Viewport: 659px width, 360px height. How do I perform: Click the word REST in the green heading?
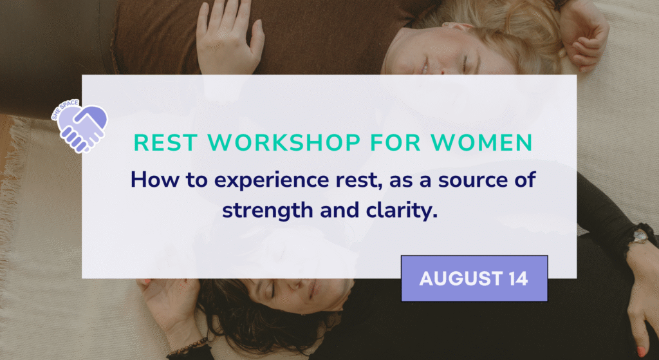pos(166,143)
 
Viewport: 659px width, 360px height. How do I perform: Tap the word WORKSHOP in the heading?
pos(284,143)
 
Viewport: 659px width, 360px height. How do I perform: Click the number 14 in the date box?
pos(518,278)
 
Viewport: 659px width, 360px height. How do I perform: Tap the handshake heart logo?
pos(80,127)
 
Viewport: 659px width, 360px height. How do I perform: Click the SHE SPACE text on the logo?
pos(65,109)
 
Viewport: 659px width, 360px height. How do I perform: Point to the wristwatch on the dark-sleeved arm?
pos(640,236)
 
